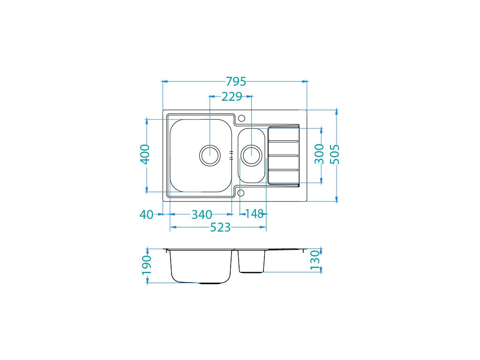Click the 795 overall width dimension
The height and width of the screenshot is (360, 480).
coord(236,82)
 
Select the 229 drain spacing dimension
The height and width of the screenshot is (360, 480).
coord(232,97)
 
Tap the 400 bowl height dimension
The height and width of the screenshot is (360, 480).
coord(145,154)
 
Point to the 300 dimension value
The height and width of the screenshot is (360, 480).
coord(319,154)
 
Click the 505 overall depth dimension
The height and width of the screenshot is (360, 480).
coord(335,154)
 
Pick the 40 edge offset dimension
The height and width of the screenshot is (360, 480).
coord(146,215)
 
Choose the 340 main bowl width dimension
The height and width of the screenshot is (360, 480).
coord(202,215)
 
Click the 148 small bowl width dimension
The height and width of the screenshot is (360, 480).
coord(254,214)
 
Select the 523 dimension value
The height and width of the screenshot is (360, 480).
coord(220,227)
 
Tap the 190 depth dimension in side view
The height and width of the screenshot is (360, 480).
coord(147,265)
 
